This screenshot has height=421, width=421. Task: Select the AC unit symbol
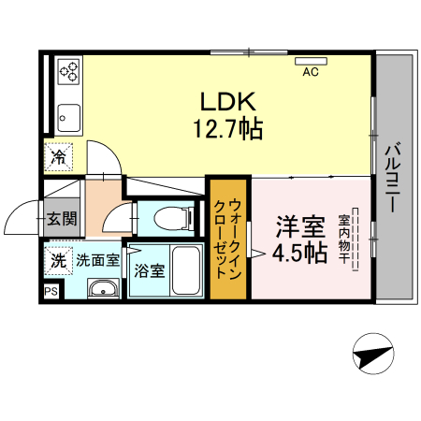point(311,63)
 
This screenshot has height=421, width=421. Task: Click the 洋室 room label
point(299,227)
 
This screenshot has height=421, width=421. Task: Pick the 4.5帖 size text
point(299,253)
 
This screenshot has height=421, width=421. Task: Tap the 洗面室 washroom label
point(97,260)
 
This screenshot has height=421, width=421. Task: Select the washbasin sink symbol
point(101,289)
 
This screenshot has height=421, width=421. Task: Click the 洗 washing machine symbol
point(58,261)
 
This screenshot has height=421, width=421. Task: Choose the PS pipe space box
point(50,291)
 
